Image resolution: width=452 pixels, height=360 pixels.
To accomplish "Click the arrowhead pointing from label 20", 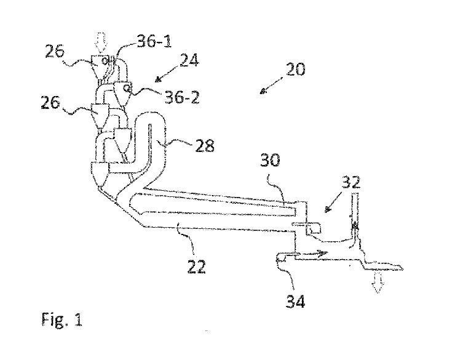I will [263, 91].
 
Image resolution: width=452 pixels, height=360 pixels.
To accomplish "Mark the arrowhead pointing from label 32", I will [326, 208].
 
